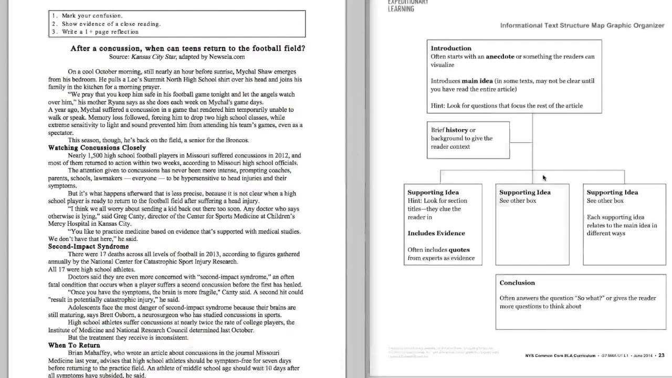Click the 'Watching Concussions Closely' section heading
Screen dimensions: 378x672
point(97,148)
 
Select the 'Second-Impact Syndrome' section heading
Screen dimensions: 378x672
point(88,246)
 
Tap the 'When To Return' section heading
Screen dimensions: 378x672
point(74,345)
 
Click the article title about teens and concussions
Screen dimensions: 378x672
point(188,48)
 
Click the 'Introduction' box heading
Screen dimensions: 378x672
point(451,48)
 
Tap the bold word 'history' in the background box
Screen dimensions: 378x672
point(457,130)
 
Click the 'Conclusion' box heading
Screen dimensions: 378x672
point(517,283)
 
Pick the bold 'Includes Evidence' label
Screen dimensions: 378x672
point(436,234)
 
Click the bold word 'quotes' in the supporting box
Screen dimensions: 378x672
point(459,250)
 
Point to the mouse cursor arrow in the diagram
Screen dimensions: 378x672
point(544,178)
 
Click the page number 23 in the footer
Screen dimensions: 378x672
point(661,355)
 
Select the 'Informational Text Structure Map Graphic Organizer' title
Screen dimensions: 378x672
point(582,25)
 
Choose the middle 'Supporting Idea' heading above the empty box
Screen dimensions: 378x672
point(525,193)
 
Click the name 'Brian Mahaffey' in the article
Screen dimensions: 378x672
point(90,353)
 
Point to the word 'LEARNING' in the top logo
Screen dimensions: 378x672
point(401,8)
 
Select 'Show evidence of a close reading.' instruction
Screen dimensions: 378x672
point(111,24)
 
